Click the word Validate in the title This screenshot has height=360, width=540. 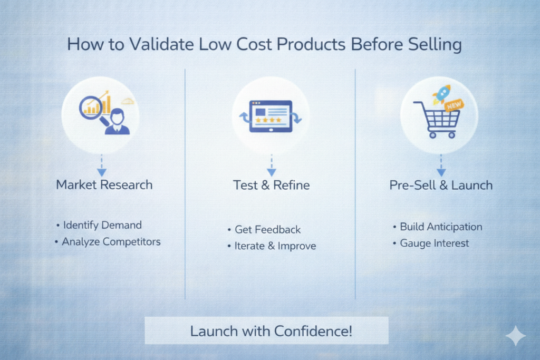pos(161,44)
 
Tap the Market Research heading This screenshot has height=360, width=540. pos(104,185)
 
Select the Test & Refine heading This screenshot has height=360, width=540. pos(272,185)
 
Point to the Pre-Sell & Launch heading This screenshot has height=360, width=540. pos(441,185)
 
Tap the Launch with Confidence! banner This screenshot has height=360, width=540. pos(266,330)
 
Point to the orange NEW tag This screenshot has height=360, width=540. pos(454,105)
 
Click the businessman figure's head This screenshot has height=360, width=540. pos(117,116)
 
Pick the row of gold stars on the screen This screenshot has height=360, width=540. pos(268,120)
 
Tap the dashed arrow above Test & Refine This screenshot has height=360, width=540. pos(272,166)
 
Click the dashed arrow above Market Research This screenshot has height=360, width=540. pos(102,166)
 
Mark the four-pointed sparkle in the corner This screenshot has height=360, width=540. pos(516,336)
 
